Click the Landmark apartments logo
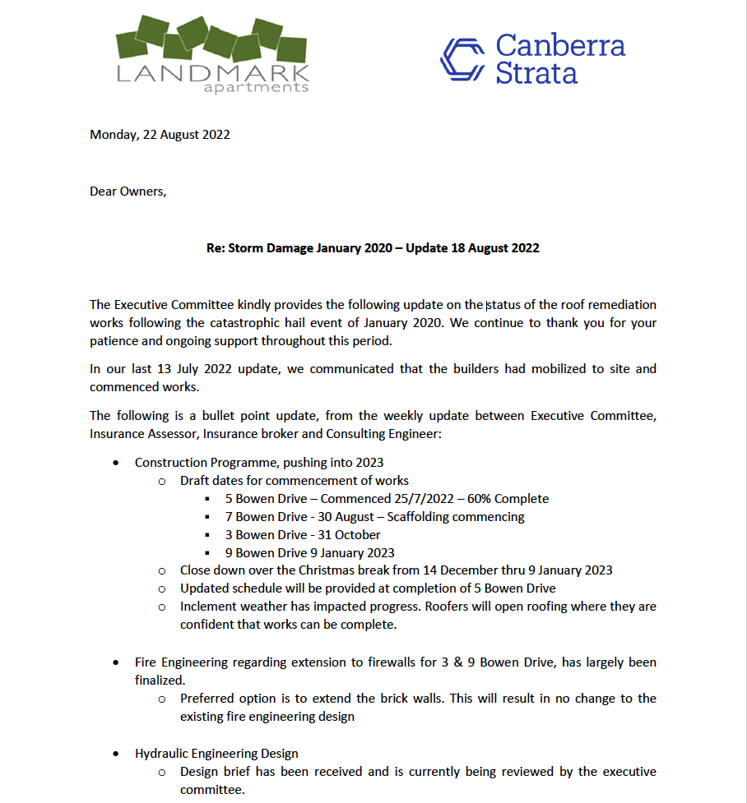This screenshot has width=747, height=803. click(212, 53)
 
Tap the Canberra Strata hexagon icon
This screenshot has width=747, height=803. click(462, 59)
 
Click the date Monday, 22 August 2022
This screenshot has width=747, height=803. click(160, 135)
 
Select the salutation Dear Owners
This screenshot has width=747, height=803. click(128, 192)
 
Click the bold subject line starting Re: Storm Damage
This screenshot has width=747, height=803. click(373, 247)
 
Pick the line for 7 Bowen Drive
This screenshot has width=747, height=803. click(374, 517)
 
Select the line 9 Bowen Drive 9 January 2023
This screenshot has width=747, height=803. click(309, 553)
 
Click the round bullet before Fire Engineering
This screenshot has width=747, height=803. click(117, 662)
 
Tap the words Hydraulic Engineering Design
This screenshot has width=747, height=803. click(216, 754)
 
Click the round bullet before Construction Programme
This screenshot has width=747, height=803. click(117, 463)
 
